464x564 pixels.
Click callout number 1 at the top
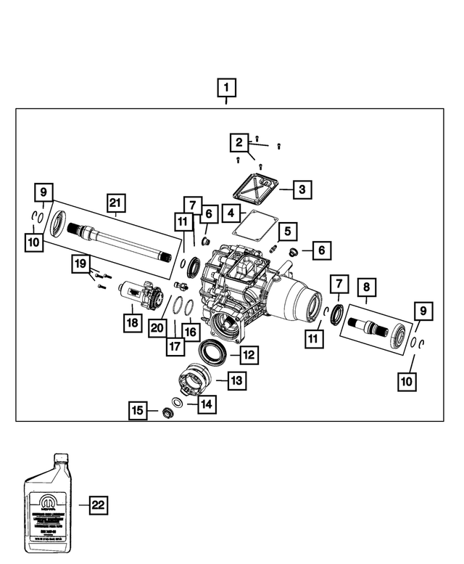pos(227,89)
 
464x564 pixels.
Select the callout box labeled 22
pos(98,505)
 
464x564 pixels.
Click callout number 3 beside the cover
pos(303,190)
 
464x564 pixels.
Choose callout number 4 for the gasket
pos(230,214)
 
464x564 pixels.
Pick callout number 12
pos(248,355)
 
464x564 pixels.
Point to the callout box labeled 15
pos(138,410)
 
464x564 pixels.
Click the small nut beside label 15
pos(165,413)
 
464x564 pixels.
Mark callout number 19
pos(80,263)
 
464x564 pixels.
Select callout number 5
pos(288,232)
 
